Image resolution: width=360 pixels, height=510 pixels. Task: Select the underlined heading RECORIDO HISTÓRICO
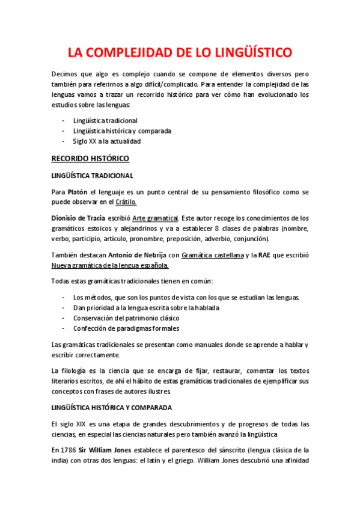(x=90, y=159)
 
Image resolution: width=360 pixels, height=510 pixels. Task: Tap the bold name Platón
(x=77, y=192)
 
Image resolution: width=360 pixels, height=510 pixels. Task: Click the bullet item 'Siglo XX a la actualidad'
(x=106, y=141)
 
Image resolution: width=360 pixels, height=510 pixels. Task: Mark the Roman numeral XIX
(x=80, y=423)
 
